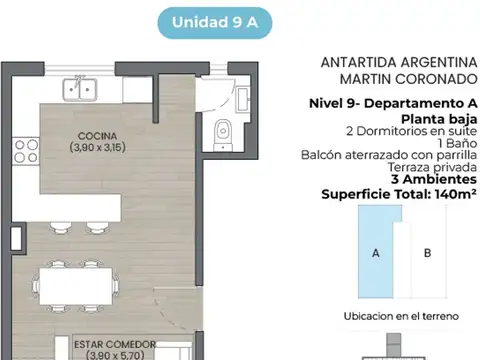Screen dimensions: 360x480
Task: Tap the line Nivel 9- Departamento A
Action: (393, 104)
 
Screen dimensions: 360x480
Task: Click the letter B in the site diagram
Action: (427, 253)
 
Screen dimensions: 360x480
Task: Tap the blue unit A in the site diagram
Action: (375, 253)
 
